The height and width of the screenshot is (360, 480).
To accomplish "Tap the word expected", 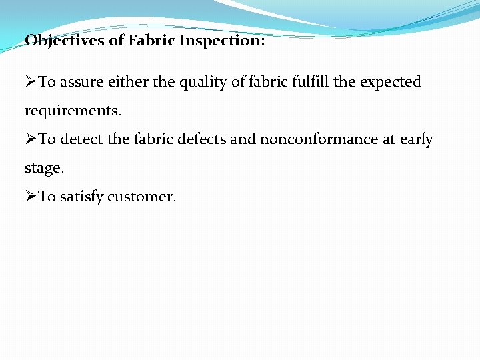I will coord(391,83).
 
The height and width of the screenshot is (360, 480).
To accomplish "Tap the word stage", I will coord(43,169).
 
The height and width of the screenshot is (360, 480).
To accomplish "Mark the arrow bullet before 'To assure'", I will coord(31,82).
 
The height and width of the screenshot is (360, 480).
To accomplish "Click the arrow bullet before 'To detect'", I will coord(31,139).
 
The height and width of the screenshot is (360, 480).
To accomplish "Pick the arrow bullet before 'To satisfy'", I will coord(31,197).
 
